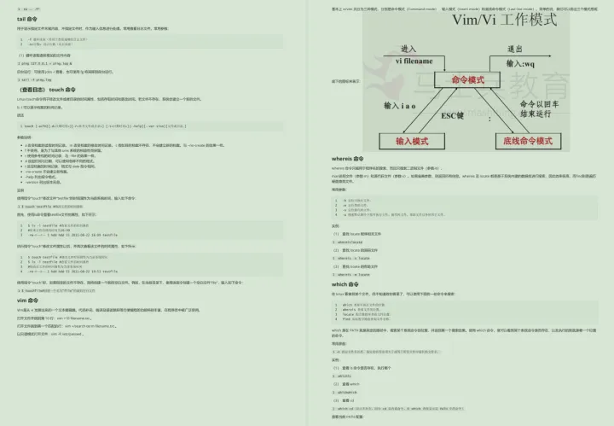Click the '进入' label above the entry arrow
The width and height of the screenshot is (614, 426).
pos(408,49)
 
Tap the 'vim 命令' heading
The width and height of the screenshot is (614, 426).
pos(28,300)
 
